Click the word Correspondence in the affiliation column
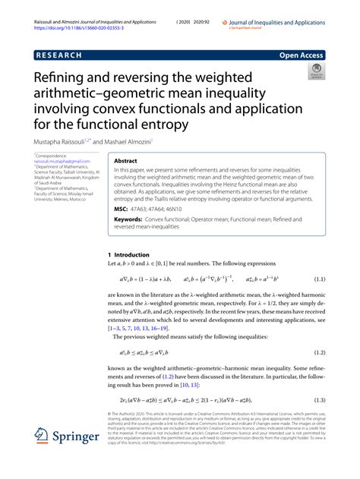tap(52, 156)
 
